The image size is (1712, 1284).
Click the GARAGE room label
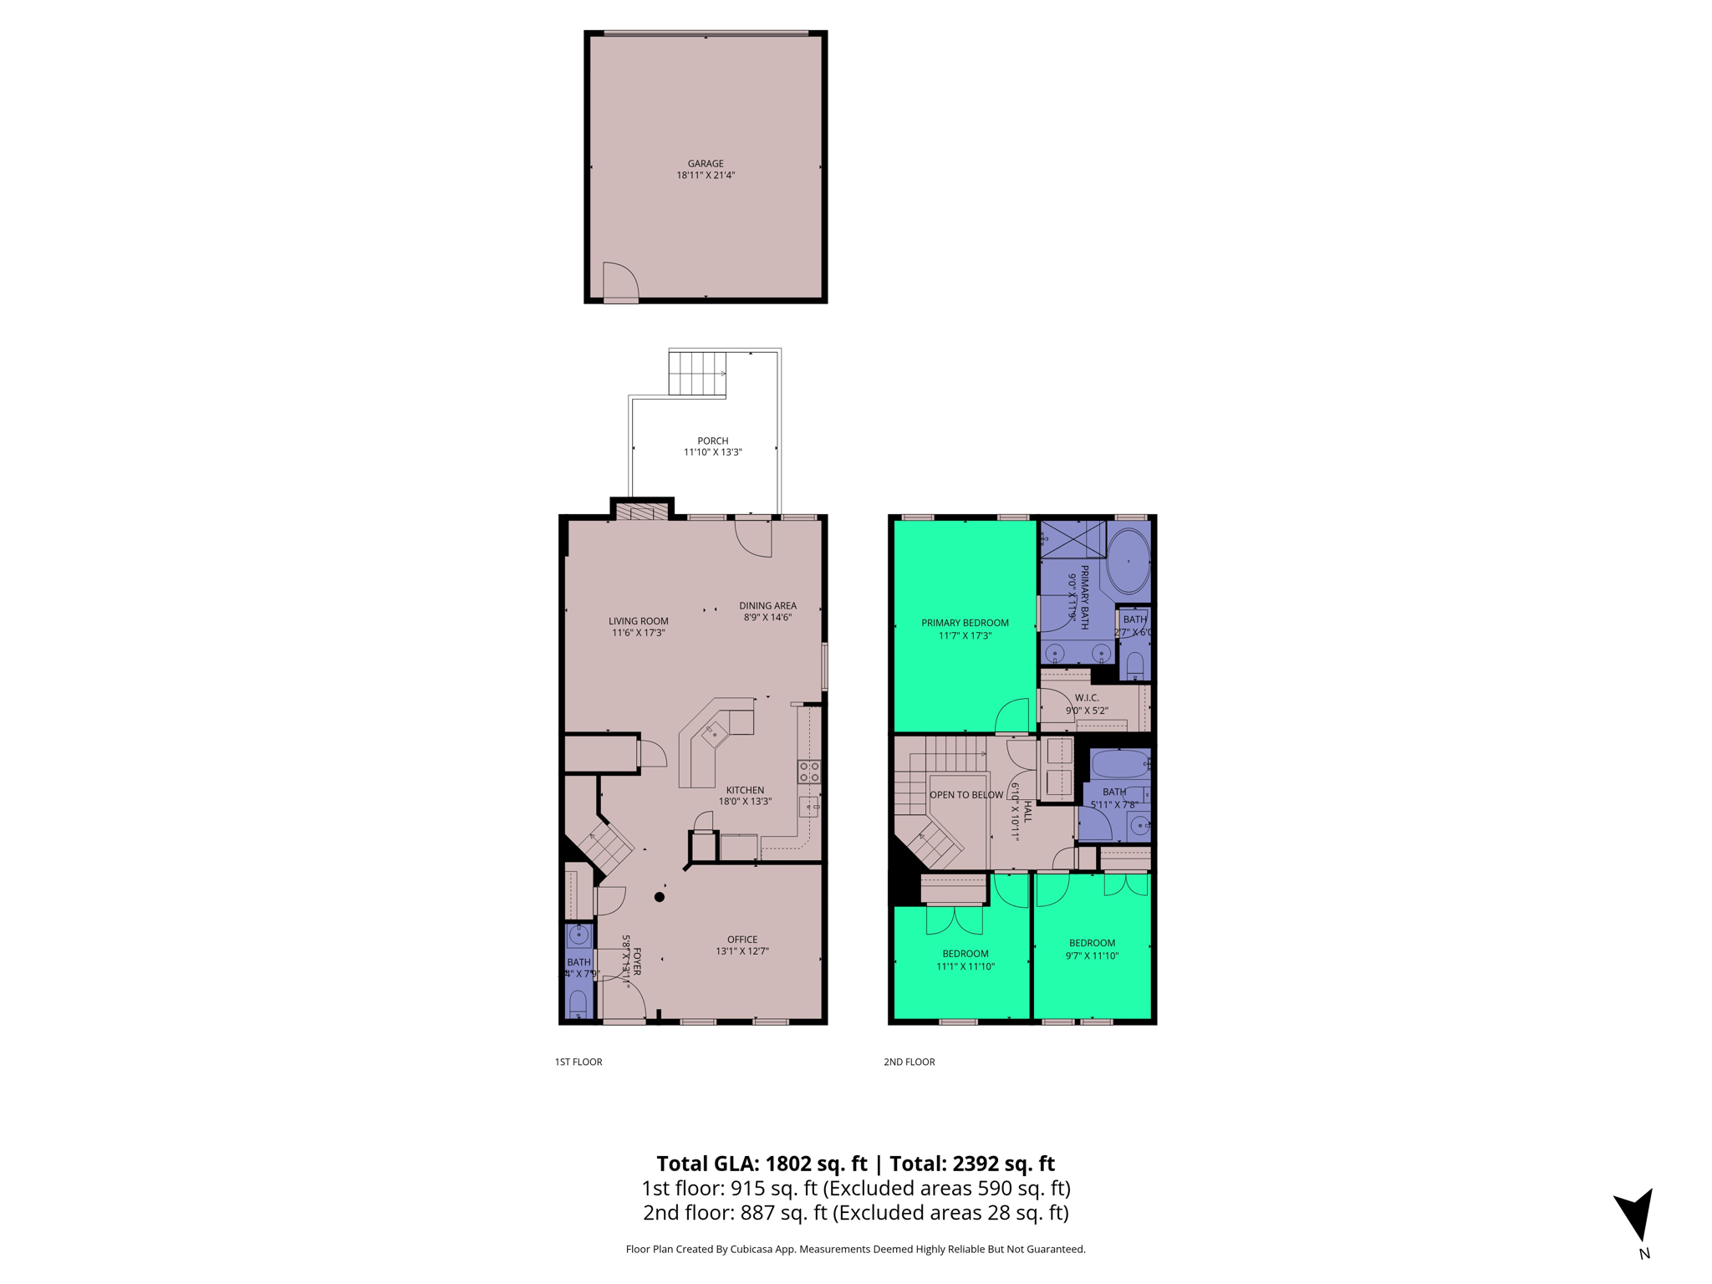[706, 164]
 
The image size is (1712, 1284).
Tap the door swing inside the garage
[619, 281]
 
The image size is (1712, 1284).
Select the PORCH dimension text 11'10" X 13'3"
[712, 452]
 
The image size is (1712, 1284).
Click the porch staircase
[696, 373]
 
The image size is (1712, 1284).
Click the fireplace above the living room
[641, 512]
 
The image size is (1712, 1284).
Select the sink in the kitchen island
[715, 735]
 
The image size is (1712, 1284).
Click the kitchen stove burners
[809, 772]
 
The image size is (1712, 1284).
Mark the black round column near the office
[660, 897]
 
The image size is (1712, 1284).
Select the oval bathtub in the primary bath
[1129, 561]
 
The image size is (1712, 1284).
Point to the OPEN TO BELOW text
[966, 795]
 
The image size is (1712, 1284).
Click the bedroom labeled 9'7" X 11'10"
[1092, 949]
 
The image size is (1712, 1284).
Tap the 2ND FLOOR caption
[909, 1062]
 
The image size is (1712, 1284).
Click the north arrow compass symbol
[1636, 1216]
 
